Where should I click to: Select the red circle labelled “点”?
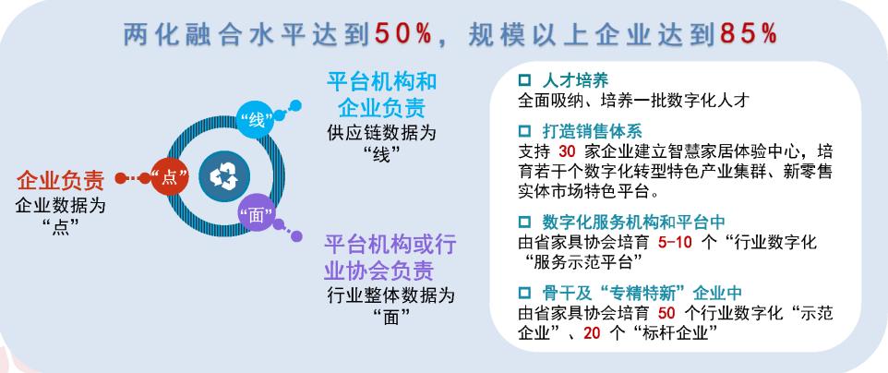pyautogui.click(x=170, y=178)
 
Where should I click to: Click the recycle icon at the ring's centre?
pyautogui.click(x=224, y=174)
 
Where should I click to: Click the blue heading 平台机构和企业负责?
pyautogui.click(x=382, y=90)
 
